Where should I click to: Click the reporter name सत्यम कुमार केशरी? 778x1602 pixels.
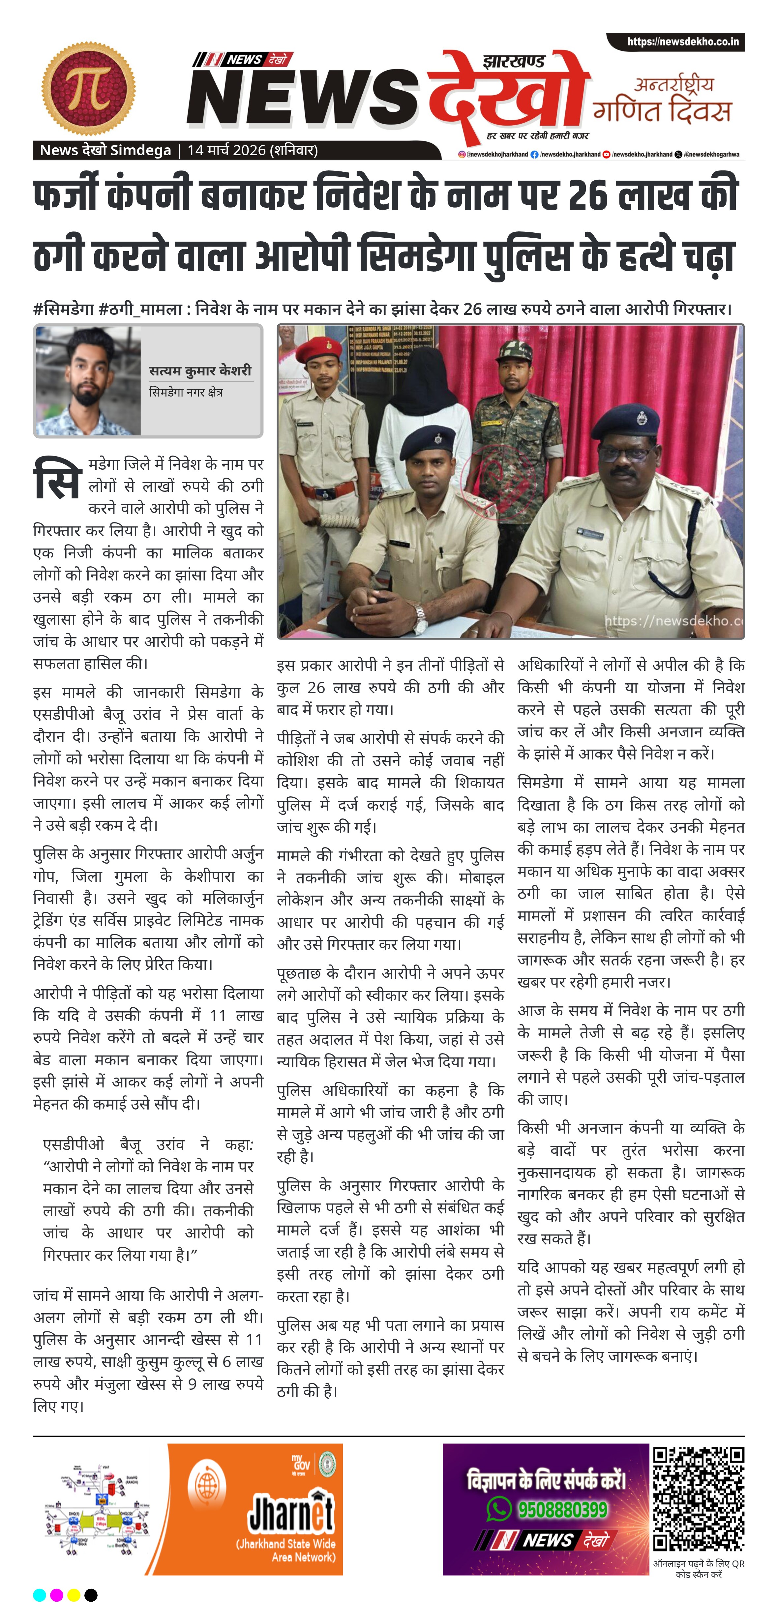point(200,371)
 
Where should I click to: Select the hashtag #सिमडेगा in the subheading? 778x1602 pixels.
point(63,309)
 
